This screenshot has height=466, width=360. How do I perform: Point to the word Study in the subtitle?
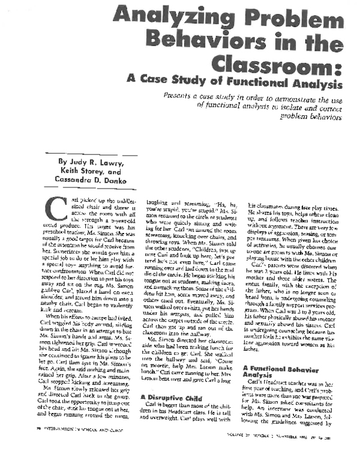(x=211, y=83)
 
